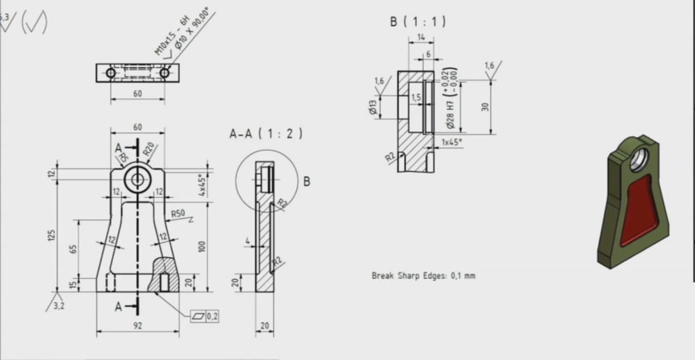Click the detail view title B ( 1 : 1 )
tap(418, 22)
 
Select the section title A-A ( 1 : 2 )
tap(266, 134)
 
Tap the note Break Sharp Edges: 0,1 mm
tap(424, 276)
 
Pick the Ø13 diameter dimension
tap(372, 106)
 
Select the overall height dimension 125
tap(51, 234)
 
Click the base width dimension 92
tap(138, 326)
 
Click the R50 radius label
tap(177, 214)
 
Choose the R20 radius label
tap(148, 150)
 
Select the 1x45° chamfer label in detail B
tap(452, 142)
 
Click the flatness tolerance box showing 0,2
tap(207, 317)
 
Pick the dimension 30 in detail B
tap(485, 106)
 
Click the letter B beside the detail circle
tap(306, 182)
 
